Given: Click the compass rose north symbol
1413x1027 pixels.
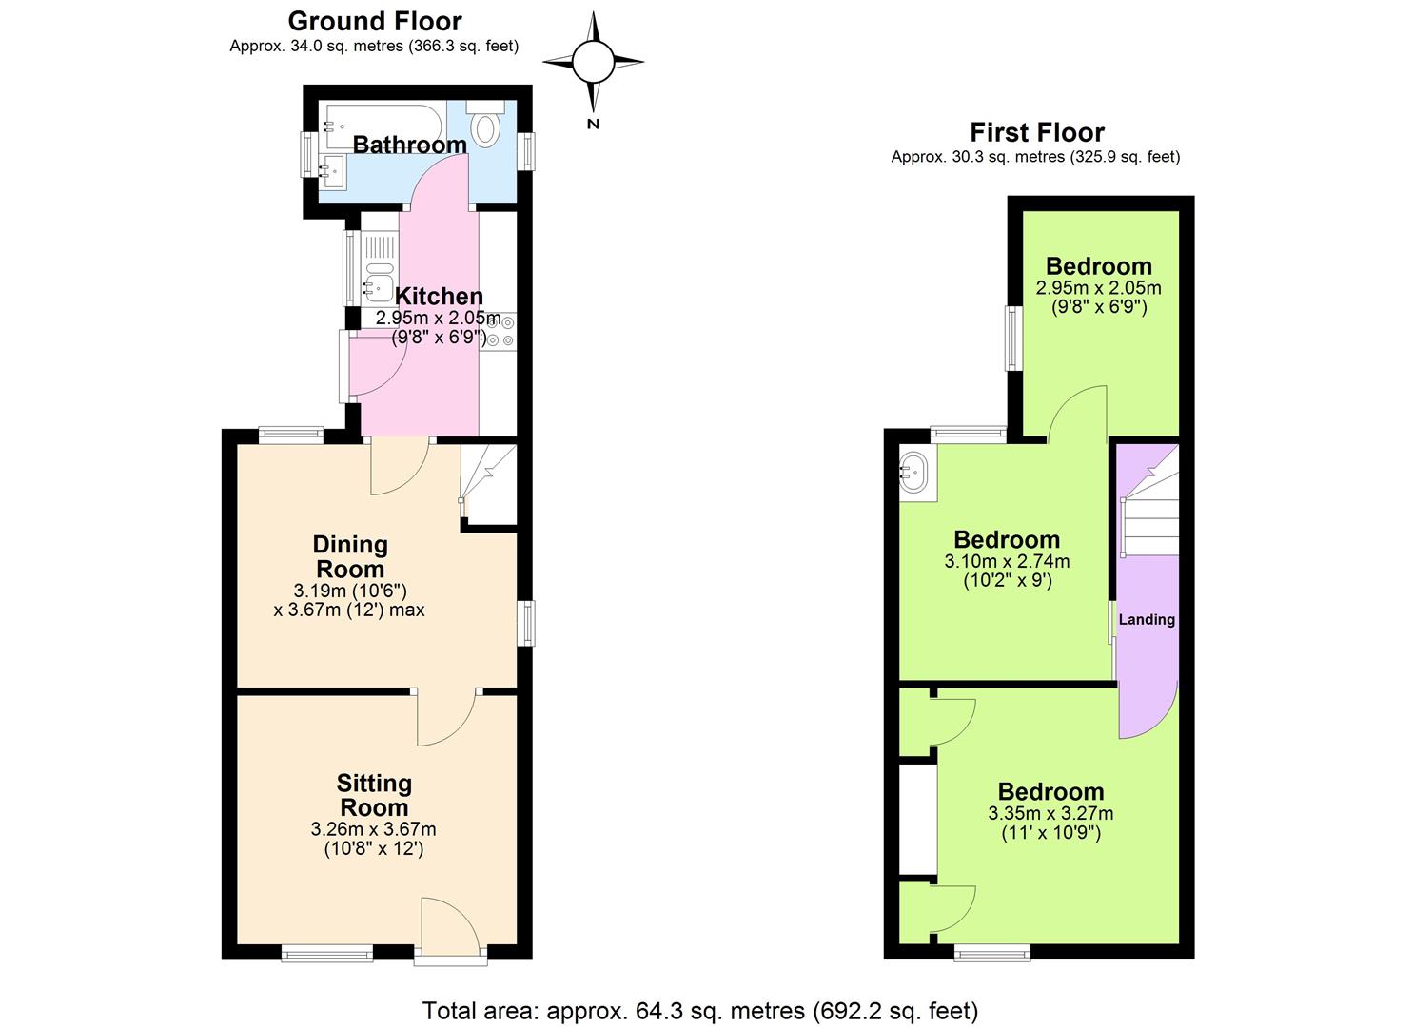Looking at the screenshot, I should tap(593, 63).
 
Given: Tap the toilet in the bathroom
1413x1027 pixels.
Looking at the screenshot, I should tap(485, 127).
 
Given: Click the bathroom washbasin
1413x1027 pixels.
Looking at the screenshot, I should tap(332, 172).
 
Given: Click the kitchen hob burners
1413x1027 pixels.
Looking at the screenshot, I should tap(500, 331).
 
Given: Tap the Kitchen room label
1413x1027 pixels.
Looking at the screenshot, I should tap(439, 296).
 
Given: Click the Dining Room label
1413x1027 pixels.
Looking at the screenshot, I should tap(350, 556).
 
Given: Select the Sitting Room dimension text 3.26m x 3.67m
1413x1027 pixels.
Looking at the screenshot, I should tap(373, 829).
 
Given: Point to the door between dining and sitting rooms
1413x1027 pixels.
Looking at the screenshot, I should tap(447, 718).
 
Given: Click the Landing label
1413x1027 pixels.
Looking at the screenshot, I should tap(1146, 620).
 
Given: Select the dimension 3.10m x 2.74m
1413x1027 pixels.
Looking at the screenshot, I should tap(1007, 561).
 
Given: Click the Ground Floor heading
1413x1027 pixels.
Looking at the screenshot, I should tap(374, 21).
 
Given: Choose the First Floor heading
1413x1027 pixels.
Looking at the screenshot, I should tap(1036, 132).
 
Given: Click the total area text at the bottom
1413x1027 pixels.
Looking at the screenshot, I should tap(699, 1010).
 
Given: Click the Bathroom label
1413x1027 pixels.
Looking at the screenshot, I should tap(409, 145).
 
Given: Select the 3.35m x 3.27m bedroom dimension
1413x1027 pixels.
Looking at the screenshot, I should tap(1050, 813).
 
